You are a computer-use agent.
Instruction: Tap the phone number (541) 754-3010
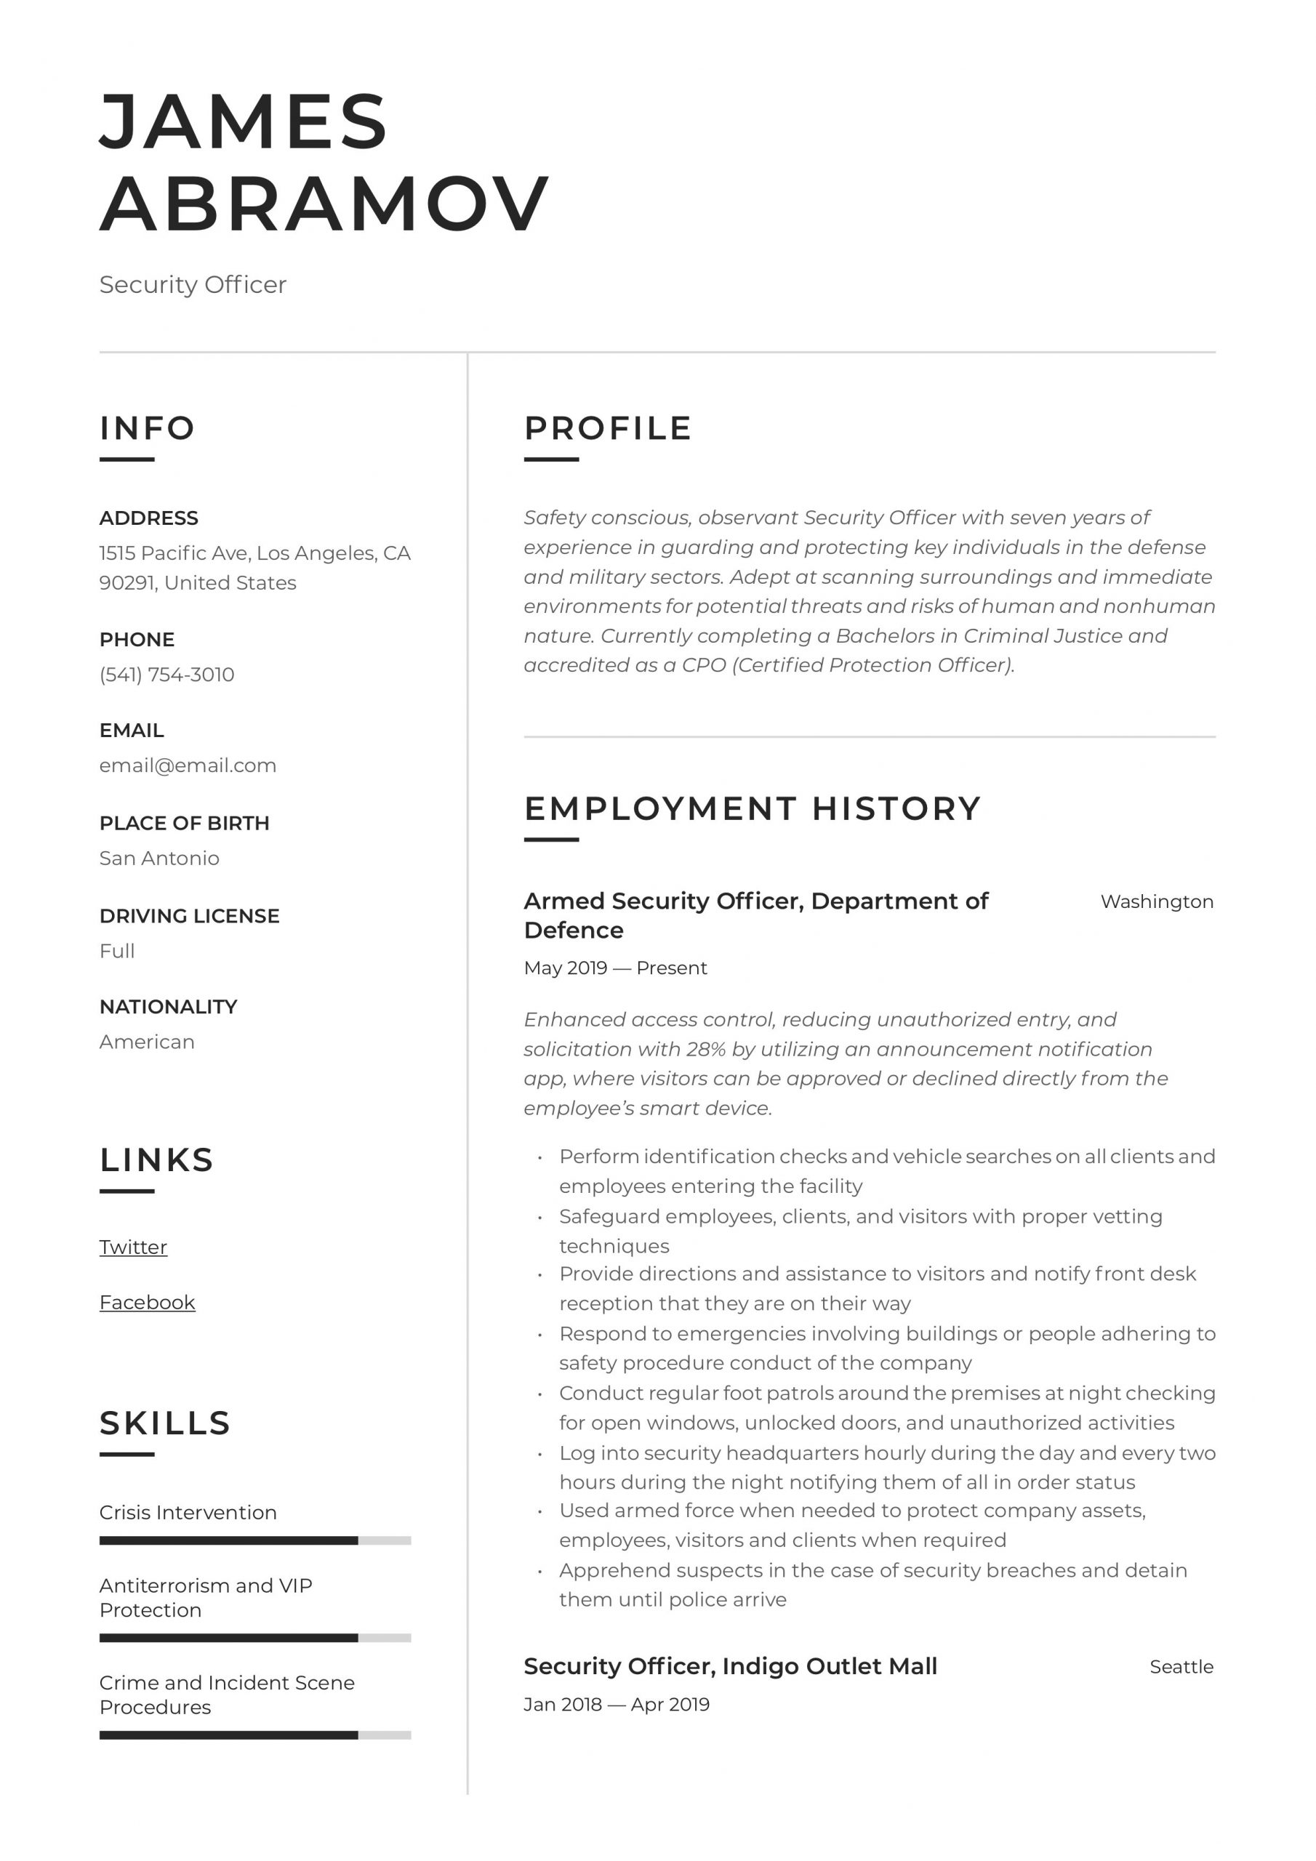coord(166,675)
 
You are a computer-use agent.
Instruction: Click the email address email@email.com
coord(188,765)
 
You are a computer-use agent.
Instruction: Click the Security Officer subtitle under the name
coord(192,284)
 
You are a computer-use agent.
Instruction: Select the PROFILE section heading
coord(607,428)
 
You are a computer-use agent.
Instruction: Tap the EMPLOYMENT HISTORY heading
coord(752,808)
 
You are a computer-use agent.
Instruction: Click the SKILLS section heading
coord(164,1423)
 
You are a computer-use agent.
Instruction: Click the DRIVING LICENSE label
coord(189,916)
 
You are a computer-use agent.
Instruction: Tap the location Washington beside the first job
coord(1156,901)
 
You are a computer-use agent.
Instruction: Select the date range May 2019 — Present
coord(614,968)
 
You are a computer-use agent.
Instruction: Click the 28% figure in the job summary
coord(705,1049)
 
